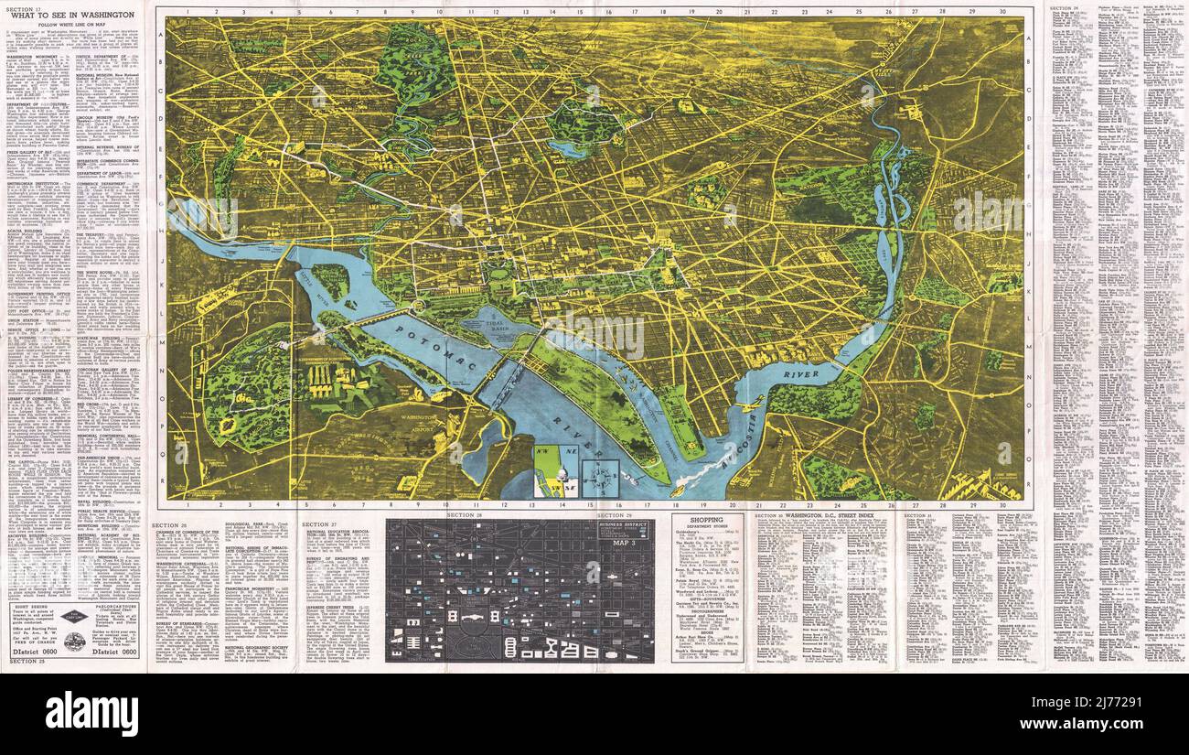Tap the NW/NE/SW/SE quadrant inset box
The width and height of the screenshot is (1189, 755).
(x=553, y=477)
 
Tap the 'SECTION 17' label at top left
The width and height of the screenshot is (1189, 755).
(x=23, y=6)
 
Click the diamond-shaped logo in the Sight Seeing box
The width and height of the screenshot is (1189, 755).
(x=74, y=617)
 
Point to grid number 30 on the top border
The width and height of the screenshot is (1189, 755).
(x=1003, y=13)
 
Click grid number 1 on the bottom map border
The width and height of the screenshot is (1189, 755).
(x=186, y=504)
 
